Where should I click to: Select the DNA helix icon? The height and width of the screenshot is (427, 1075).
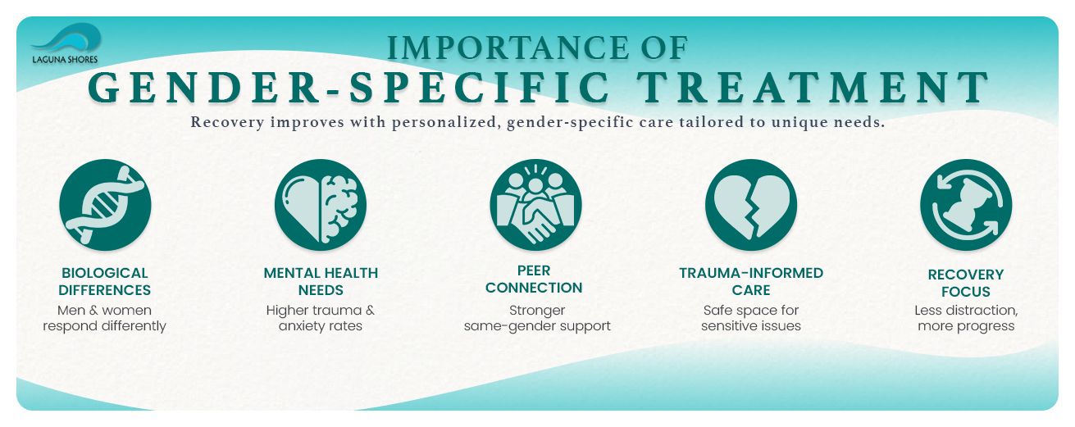pos(106,204)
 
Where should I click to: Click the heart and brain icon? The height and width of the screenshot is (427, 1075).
pos(321,204)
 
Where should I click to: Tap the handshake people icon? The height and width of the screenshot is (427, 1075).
pos(535,204)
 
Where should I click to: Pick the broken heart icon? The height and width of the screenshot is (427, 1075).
pos(750,204)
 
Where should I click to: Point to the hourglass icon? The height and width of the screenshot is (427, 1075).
pos(965,204)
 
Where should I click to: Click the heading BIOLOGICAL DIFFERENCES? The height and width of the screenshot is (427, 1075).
pos(106,281)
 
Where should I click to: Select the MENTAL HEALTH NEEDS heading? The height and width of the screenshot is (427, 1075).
pos(321,281)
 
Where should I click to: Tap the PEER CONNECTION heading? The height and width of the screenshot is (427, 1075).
pos(534,279)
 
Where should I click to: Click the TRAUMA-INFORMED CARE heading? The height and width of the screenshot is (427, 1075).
pos(751,281)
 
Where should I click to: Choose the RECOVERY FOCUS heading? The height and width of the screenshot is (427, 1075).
pos(965,283)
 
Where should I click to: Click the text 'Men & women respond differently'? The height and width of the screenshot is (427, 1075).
pos(105,319)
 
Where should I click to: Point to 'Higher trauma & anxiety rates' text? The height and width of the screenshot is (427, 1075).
pos(320,319)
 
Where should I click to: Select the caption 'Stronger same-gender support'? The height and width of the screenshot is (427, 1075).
pos(537,319)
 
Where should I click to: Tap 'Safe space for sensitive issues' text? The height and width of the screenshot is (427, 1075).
pos(751,319)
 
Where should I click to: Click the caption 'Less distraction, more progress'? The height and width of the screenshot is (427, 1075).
pos(966,319)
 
